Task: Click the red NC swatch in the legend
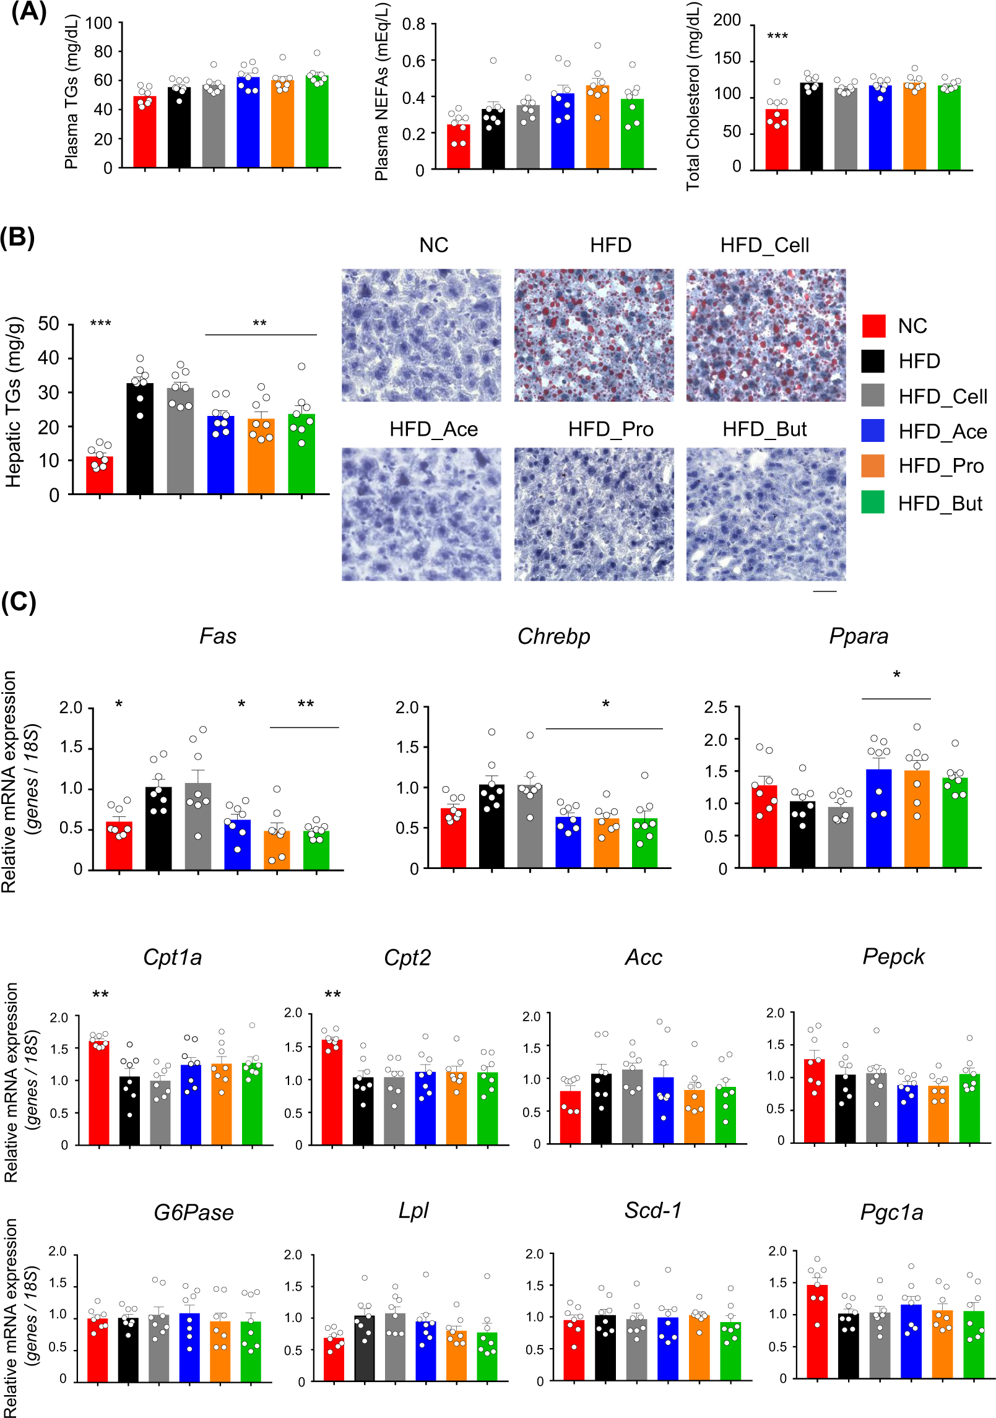click(873, 326)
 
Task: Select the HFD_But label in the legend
click(940, 503)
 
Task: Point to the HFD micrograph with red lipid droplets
click(594, 335)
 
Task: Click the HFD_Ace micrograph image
click(421, 514)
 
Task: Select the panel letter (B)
click(17, 237)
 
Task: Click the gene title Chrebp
click(553, 636)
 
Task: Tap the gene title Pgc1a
click(891, 1213)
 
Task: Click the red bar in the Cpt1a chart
click(99, 1092)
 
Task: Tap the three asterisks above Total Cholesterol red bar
click(777, 37)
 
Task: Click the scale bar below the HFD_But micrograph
click(824, 592)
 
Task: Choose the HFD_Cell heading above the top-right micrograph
click(764, 245)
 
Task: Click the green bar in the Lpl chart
click(487, 1356)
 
